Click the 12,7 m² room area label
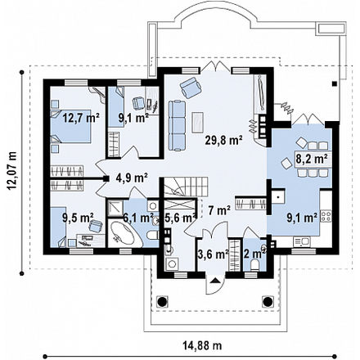[81, 118]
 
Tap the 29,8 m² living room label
[224, 140]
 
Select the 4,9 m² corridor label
[132, 178]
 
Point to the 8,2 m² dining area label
[312, 159]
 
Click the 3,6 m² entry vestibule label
[213, 254]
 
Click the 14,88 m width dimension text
[202, 346]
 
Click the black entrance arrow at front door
[215, 281]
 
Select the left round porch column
[162, 301]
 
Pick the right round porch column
[268, 301]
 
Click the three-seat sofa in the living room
[177, 125]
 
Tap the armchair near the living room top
[191, 88]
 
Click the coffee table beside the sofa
[198, 123]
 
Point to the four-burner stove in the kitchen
[326, 215]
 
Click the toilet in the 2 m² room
[255, 265]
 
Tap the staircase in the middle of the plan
[186, 187]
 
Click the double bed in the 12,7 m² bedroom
[71, 126]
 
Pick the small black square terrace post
[334, 83]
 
